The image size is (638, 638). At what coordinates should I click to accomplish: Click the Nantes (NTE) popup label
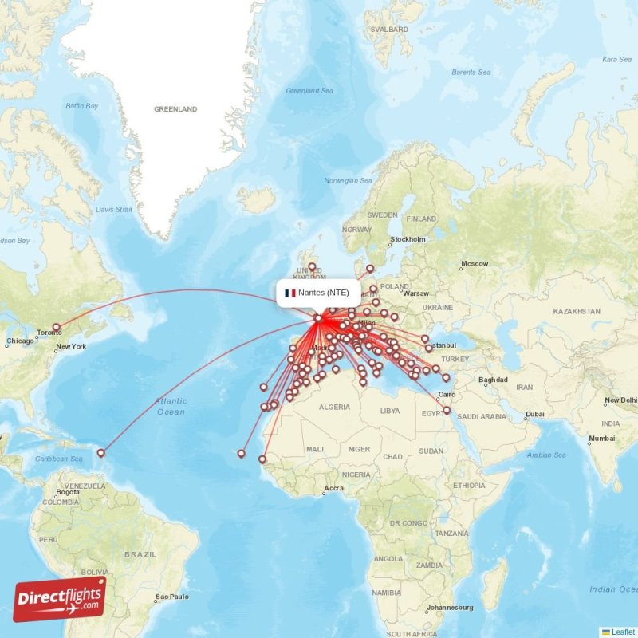[x=318, y=293]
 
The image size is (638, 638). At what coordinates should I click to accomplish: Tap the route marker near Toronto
[x=56, y=328]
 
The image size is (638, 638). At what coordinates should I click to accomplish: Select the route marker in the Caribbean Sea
[x=101, y=453]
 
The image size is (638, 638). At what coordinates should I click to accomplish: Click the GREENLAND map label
[x=175, y=108]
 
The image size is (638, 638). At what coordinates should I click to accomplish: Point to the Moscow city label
[x=474, y=263]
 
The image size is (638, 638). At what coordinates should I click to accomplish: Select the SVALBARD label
[x=389, y=30]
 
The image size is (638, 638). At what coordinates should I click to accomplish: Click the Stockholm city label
[x=408, y=239]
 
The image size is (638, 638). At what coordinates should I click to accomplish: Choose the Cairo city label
[x=447, y=394]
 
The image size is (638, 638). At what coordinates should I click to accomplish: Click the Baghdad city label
[x=492, y=380]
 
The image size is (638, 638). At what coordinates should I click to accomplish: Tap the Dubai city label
[x=534, y=414]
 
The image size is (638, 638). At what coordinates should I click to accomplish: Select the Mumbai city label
[x=602, y=438]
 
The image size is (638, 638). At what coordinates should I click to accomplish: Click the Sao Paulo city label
[x=173, y=596]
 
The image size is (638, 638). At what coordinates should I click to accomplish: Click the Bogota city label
[x=66, y=492]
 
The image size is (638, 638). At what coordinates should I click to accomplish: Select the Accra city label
[x=334, y=488]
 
